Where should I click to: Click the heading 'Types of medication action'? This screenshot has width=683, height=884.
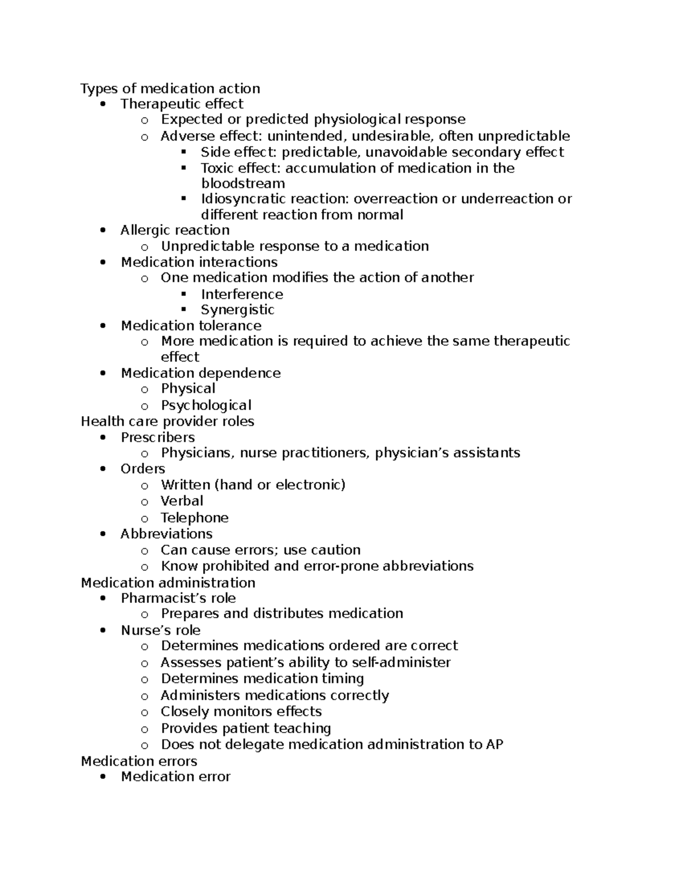coord(170,89)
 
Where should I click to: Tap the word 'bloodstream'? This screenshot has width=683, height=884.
coord(242,184)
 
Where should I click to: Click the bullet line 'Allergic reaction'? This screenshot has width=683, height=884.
coord(175,231)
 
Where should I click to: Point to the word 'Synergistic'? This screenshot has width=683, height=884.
coord(237,310)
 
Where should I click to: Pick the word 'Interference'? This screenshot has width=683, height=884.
coord(241,294)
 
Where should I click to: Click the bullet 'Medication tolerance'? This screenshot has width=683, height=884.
coord(191,326)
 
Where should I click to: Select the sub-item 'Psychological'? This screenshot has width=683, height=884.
coord(205,405)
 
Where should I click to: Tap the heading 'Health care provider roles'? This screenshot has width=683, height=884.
coord(167,422)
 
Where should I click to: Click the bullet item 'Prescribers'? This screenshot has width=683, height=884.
coord(158,438)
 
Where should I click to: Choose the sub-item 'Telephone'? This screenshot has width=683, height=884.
coord(194,518)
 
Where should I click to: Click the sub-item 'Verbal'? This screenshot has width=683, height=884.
coord(182,501)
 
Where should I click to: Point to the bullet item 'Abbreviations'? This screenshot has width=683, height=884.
coord(166,534)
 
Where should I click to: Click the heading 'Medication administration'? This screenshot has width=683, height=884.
coord(168,583)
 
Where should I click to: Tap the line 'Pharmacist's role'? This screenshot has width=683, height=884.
coord(178,598)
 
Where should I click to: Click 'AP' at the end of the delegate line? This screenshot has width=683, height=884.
coord(494,745)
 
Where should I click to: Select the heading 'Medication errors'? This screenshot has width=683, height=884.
coord(139,762)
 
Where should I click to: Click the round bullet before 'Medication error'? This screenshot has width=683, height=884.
coord(102,778)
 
